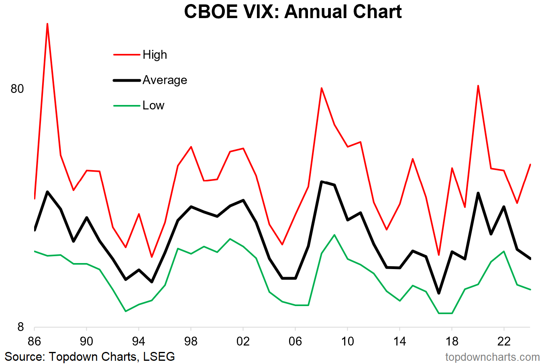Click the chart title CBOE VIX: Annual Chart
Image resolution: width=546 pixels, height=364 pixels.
click(x=293, y=12)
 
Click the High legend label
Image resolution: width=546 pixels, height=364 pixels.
click(x=155, y=55)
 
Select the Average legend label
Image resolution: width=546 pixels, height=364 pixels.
click(x=165, y=80)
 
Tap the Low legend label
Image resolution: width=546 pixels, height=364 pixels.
click(x=153, y=105)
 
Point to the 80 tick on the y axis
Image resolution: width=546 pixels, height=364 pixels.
click(x=17, y=88)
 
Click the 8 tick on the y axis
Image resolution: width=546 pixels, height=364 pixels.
click(x=20, y=327)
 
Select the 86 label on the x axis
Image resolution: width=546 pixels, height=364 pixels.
click(x=35, y=341)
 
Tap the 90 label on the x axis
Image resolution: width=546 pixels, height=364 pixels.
click(x=86, y=341)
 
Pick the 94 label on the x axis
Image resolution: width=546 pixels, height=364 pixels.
click(x=139, y=341)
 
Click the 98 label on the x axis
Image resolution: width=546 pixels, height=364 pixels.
click(x=191, y=341)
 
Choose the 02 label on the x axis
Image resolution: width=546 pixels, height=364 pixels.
click(x=243, y=341)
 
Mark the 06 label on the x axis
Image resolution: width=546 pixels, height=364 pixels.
click(x=295, y=341)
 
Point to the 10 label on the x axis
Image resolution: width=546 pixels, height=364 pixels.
click(x=347, y=341)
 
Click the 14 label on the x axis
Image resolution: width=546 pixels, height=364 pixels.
click(x=399, y=341)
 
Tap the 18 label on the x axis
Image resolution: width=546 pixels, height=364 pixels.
click(x=452, y=341)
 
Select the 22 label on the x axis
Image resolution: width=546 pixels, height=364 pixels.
click(x=504, y=341)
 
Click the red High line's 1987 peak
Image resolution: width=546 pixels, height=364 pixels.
click(x=47, y=24)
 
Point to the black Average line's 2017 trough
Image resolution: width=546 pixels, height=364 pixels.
click(x=439, y=293)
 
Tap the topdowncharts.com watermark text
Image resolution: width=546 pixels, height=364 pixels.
click(x=492, y=357)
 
